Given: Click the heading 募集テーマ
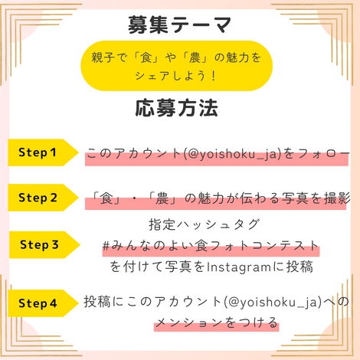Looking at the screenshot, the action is tap(179, 25).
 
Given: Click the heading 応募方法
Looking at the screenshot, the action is tap(176, 108).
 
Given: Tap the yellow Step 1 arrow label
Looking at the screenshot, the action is tap(43, 152).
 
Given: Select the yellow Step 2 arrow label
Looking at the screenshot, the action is tap(43, 198).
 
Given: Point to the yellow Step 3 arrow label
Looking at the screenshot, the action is tap(44, 244).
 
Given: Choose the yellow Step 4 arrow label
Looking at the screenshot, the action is tap(43, 303).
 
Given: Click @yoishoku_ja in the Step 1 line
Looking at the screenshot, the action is tap(233, 154).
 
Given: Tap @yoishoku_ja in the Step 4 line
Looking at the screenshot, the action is tap(273, 302).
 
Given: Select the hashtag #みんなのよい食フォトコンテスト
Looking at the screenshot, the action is tap(211, 246).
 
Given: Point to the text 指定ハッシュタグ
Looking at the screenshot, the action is tap(205, 224).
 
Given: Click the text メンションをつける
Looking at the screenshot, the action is tap(217, 322).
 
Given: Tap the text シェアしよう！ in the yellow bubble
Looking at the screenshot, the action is tap(176, 76).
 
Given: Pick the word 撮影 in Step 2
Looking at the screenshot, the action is tap(337, 198).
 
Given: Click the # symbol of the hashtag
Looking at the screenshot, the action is tap(106, 246).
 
